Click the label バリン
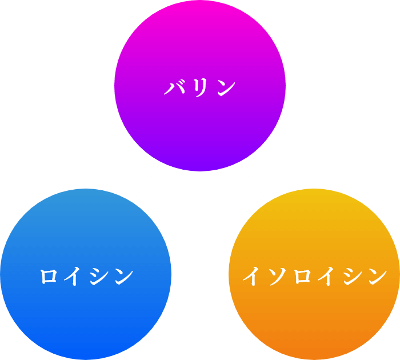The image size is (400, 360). (200, 88)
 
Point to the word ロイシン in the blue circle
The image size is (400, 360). (86, 276)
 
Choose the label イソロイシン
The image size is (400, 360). (315, 276)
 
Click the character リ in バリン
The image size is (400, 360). (200, 88)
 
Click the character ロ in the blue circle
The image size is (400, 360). (49, 276)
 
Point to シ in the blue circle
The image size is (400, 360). (99, 276)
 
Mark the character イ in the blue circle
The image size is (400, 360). (74, 276)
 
